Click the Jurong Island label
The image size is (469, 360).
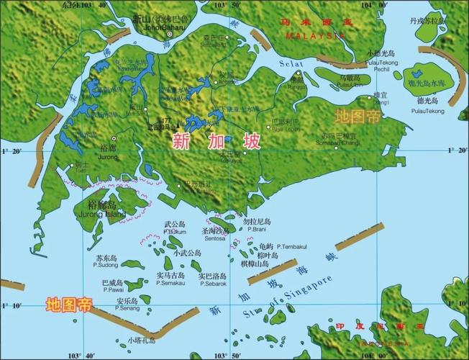pyautogui.click(x=101, y=213)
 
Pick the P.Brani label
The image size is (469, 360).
pyautogui.click(x=255, y=229)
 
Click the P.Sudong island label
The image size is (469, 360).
pyautogui.click(x=106, y=266)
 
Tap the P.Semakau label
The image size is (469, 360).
pyautogui.click(x=171, y=283)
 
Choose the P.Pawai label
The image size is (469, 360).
pyautogui.click(x=111, y=290)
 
